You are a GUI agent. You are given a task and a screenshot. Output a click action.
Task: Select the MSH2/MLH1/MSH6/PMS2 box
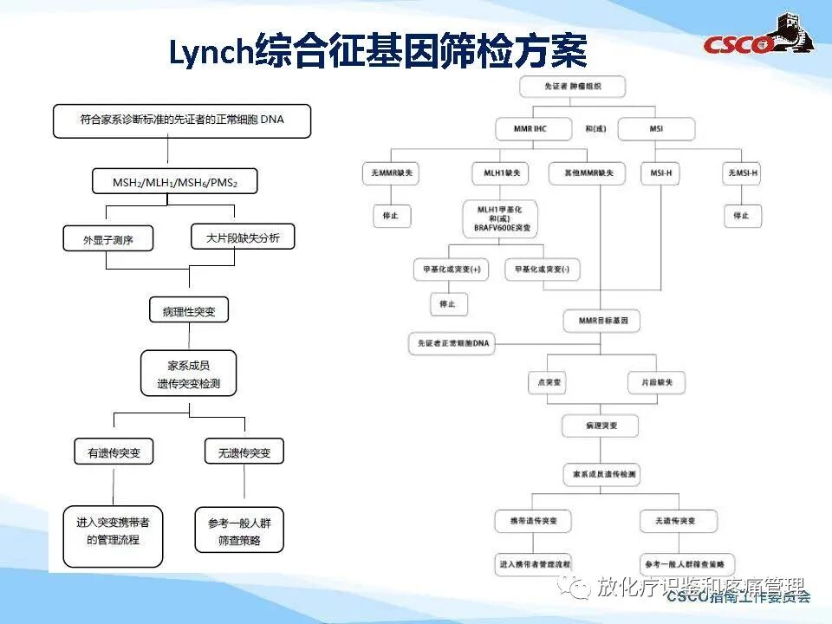click(x=174, y=182)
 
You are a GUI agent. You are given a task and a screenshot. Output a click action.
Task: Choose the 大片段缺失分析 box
click(x=243, y=237)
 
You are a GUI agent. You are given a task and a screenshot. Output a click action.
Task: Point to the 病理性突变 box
click(x=189, y=311)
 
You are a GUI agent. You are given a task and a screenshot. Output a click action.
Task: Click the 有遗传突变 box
click(x=114, y=452)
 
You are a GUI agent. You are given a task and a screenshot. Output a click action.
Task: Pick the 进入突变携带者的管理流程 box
click(x=113, y=531)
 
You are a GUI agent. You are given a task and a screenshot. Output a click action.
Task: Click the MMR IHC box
click(x=534, y=129)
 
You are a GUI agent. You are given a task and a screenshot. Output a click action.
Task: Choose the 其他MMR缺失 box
click(x=587, y=173)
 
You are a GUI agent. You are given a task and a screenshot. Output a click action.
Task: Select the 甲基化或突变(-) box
click(x=543, y=270)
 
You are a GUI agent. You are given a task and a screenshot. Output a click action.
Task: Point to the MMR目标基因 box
click(x=602, y=320)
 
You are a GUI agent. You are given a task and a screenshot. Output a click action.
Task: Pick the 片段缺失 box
click(x=657, y=381)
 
